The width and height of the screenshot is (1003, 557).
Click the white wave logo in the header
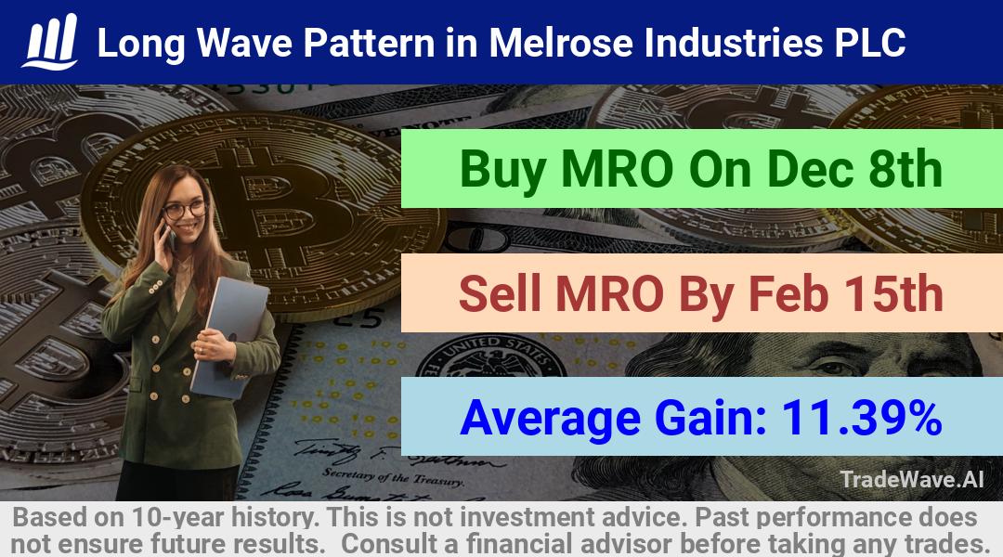tap(50, 42)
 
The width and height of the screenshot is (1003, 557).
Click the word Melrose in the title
tap(560, 43)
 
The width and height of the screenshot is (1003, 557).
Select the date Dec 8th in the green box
tap(854, 169)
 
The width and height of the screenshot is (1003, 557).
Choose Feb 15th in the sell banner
tap(846, 293)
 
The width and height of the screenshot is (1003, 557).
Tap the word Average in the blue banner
tap(550, 419)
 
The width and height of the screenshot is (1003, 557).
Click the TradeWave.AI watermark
tap(912, 480)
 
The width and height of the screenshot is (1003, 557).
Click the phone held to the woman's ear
tap(170, 238)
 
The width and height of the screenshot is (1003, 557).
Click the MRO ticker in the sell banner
tap(609, 293)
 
